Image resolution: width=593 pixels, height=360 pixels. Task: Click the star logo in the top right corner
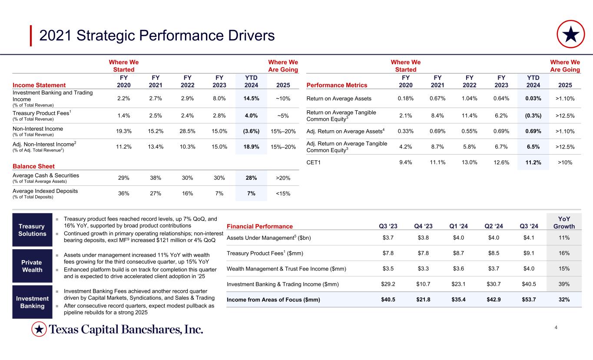[x=571, y=34]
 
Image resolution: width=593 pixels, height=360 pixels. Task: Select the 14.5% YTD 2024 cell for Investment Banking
[x=251, y=99]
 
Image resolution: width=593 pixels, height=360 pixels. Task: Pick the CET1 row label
[x=315, y=162]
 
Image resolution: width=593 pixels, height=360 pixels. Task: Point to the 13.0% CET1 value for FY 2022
[x=469, y=162]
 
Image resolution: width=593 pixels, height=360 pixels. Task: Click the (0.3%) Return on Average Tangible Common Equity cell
[x=533, y=115]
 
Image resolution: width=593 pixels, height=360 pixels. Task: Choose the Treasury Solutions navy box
[x=32, y=230]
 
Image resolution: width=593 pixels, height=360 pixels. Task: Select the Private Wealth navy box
[x=32, y=266]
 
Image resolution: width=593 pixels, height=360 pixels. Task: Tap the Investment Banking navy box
[x=32, y=302]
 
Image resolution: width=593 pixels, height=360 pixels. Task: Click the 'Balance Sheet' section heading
[x=34, y=166]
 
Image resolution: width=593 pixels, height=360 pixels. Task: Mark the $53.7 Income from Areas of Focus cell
[x=529, y=300]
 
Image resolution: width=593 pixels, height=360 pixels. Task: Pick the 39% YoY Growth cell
[x=564, y=284]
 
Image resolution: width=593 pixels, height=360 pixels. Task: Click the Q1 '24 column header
[x=459, y=226]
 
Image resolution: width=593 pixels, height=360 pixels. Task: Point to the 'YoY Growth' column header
[x=564, y=222]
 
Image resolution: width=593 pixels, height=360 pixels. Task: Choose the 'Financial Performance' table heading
[x=260, y=226]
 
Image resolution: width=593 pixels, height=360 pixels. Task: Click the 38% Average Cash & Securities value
[x=156, y=178]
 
